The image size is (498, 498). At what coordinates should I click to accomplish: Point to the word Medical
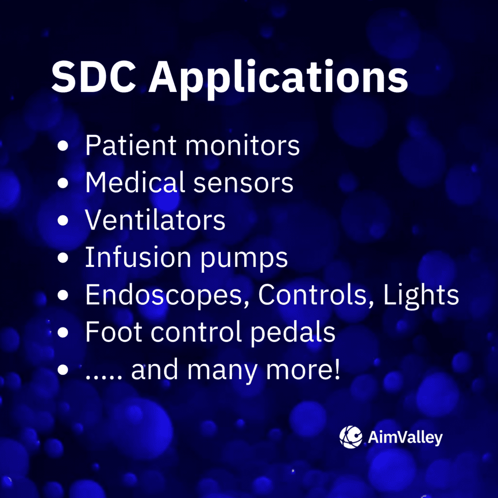(x=135, y=182)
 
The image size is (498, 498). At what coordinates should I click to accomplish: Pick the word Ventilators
(x=155, y=220)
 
